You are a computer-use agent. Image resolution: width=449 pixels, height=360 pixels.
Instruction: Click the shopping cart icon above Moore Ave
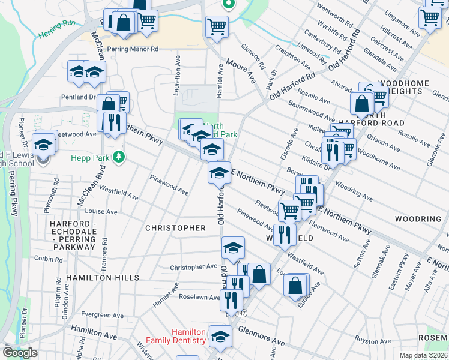(216, 26)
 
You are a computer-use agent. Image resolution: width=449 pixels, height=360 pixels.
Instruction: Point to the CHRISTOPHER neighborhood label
(175, 228)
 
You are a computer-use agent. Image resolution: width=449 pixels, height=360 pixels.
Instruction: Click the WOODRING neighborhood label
(418, 219)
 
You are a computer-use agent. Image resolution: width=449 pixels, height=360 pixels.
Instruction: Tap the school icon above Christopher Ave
(233, 247)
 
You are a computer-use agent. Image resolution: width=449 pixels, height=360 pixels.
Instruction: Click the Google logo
(20, 353)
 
